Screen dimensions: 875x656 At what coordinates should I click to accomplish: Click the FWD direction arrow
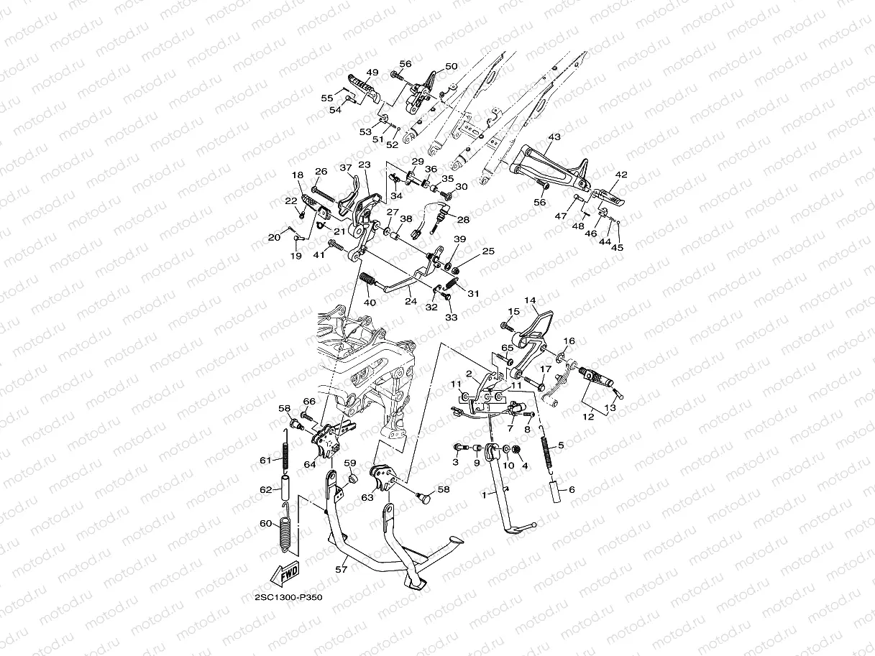click(x=285, y=573)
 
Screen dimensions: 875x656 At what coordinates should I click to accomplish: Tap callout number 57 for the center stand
click(x=342, y=570)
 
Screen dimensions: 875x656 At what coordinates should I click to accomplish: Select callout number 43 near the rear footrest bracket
click(x=554, y=137)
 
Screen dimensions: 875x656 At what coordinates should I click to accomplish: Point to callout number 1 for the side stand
click(x=485, y=495)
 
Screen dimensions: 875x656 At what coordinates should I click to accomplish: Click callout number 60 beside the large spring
click(x=266, y=523)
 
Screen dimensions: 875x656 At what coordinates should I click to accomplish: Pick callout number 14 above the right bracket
click(x=530, y=300)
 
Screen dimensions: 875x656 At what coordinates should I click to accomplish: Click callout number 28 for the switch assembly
click(x=463, y=219)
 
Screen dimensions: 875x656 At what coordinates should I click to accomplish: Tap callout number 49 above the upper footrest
click(x=372, y=73)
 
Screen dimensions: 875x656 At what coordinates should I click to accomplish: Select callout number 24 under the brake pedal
click(x=411, y=302)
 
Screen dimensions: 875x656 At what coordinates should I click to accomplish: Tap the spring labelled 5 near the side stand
click(x=546, y=449)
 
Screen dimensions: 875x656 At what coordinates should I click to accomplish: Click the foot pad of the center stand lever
click(x=454, y=540)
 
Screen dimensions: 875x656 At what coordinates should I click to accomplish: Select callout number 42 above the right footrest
click(x=621, y=175)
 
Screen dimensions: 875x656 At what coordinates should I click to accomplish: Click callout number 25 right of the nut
click(x=488, y=251)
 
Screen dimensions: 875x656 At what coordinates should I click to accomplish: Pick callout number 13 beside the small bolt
click(x=610, y=407)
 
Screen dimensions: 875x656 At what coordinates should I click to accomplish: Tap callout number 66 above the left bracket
click(x=309, y=402)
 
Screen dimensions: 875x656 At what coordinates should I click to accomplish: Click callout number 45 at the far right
click(x=617, y=247)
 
